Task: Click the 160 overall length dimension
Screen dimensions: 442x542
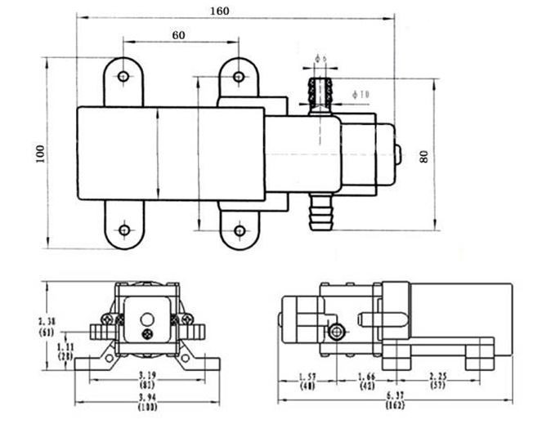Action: tap(220, 11)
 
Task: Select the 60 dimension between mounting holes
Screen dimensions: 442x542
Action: tap(179, 35)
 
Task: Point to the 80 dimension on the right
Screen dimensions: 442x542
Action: tap(423, 154)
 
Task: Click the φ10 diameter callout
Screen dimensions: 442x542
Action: tap(361, 95)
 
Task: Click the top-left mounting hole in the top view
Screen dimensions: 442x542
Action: tap(123, 77)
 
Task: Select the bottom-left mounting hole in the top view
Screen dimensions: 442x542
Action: tap(124, 230)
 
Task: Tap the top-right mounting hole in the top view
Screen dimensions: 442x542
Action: tap(239, 77)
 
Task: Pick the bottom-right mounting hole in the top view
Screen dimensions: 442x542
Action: tap(240, 230)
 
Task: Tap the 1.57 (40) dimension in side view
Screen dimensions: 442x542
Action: tap(307, 381)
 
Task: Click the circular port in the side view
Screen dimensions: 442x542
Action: tap(336, 331)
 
